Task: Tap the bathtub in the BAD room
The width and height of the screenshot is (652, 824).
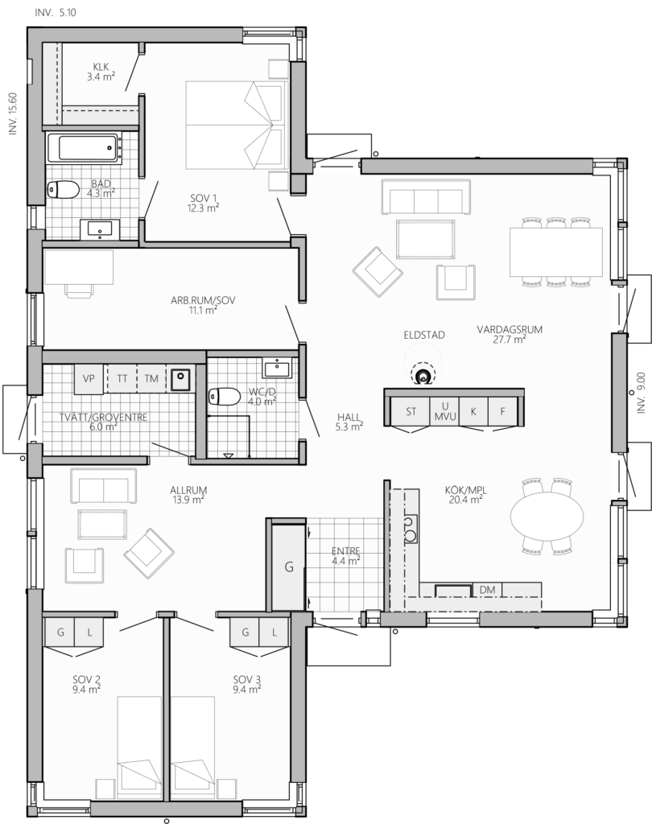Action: point(83,147)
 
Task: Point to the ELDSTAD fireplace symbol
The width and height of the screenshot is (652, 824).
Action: point(423,375)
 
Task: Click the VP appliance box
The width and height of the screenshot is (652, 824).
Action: point(89,378)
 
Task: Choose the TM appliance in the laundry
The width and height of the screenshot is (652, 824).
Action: point(151,378)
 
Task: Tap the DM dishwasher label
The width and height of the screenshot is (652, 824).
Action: point(488,590)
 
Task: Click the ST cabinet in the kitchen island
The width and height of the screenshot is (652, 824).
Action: point(411,411)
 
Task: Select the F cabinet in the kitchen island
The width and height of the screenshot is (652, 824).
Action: point(503,411)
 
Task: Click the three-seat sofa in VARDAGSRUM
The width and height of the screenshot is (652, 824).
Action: point(426,196)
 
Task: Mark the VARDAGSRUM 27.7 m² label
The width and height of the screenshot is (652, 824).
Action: point(510,335)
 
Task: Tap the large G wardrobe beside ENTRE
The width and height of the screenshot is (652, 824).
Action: point(288,567)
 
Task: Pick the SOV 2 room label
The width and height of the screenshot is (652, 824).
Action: point(87,685)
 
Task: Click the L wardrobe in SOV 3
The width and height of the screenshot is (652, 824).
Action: point(274,632)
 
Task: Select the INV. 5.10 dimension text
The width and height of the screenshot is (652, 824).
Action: point(56,13)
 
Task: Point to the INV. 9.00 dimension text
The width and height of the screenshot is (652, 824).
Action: point(641,393)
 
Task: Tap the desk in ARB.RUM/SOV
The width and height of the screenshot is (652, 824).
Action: point(79,267)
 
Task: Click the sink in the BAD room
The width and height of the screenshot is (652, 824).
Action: point(100,229)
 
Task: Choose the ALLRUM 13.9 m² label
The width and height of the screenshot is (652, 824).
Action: point(188,495)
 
